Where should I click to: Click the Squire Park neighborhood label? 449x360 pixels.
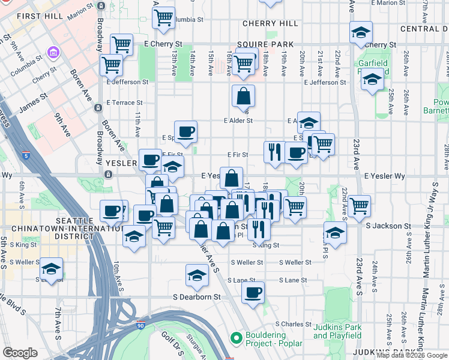point(265,44)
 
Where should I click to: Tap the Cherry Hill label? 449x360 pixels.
point(270,23)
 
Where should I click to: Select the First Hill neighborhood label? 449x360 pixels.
point(40,16)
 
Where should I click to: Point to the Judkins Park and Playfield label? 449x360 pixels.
point(337,331)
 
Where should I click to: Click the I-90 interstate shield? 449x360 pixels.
point(140,325)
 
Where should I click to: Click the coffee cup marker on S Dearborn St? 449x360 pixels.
point(253,293)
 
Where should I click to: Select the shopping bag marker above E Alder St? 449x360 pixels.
point(243,95)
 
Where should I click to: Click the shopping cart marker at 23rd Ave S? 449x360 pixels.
point(360,206)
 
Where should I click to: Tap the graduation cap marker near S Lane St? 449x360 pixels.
point(197,275)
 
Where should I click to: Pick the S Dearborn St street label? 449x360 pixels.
point(197,296)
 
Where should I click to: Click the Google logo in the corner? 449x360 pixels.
point(20,353)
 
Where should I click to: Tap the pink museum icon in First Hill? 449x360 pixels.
point(53,53)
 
